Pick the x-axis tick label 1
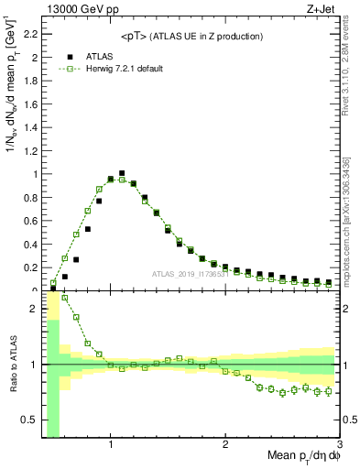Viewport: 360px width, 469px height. (111, 444)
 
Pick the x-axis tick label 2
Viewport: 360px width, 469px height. (225, 444)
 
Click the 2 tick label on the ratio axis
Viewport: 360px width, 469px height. (35, 308)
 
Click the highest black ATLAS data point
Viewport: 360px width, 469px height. (122, 172)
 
